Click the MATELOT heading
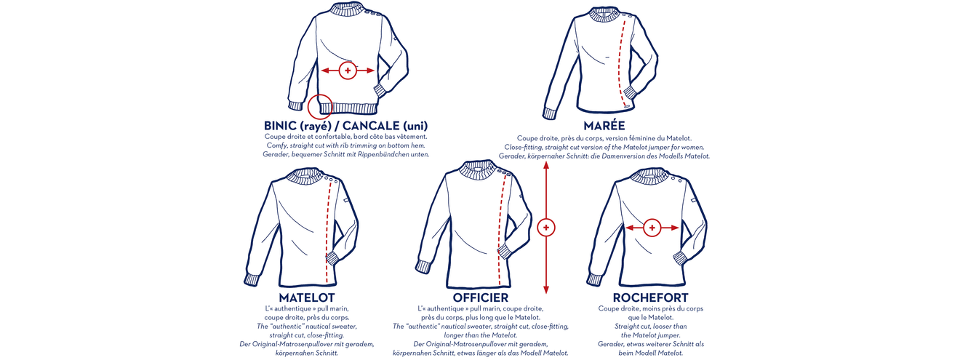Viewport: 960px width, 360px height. click(x=307, y=297)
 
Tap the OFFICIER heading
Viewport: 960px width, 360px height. click(x=481, y=297)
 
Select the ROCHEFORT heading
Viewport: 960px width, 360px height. click(x=651, y=297)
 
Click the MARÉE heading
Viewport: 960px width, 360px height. click(x=604, y=125)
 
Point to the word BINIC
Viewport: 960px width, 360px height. click(x=280, y=126)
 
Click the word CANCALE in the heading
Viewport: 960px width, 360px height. click(x=371, y=126)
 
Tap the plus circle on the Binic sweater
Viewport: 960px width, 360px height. click(x=348, y=71)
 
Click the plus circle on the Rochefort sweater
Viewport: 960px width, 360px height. click(x=652, y=228)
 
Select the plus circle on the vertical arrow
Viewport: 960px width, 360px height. click(x=546, y=228)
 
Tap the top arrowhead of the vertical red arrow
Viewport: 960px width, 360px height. click(x=546, y=169)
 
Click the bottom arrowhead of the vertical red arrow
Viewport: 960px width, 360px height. click(x=546, y=289)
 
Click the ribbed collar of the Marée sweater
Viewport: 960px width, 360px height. click(x=604, y=13)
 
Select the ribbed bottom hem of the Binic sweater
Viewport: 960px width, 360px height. click(x=348, y=108)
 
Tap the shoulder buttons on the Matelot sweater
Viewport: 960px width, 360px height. click(x=332, y=179)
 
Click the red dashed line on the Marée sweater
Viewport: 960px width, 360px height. click(x=620, y=61)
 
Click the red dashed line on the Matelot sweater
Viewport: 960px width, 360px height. click(x=328, y=231)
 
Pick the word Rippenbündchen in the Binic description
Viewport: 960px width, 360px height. click(x=383, y=154)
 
